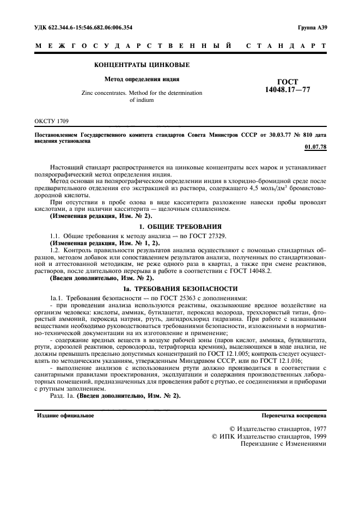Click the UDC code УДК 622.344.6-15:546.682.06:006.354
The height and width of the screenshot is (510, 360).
[x=83, y=27]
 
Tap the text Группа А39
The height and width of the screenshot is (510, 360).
[x=312, y=27]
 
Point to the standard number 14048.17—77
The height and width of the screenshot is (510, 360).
[x=284, y=89]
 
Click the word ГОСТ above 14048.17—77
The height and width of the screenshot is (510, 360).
[x=284, y=81]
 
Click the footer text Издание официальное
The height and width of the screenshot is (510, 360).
[x=65, y=415]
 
